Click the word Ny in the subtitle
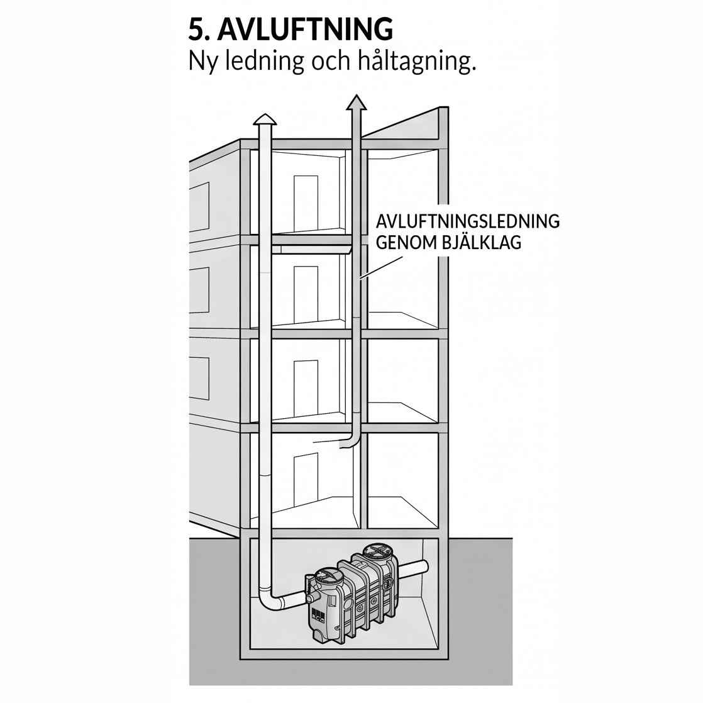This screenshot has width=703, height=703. [x=203, y=62]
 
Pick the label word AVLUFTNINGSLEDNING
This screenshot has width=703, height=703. [x=468, y=221]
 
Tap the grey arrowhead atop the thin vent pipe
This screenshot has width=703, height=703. [x=357, y=102]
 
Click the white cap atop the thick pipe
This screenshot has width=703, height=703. [x=265, y=119]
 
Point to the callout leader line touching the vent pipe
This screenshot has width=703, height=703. [x=381, y=268]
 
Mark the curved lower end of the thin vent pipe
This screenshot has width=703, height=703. [x=349, y=441]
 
